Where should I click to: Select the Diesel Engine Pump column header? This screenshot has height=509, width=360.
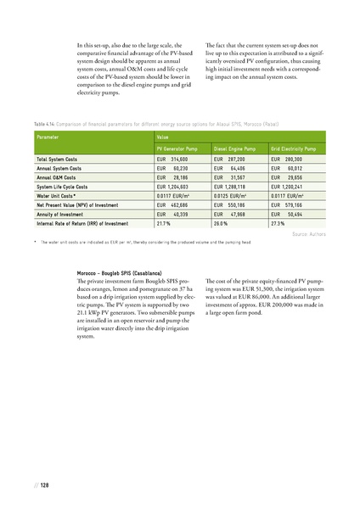(237, 148)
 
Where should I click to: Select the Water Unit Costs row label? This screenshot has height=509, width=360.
(56, 195)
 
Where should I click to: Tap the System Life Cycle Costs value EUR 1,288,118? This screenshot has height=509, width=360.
(231, 186)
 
